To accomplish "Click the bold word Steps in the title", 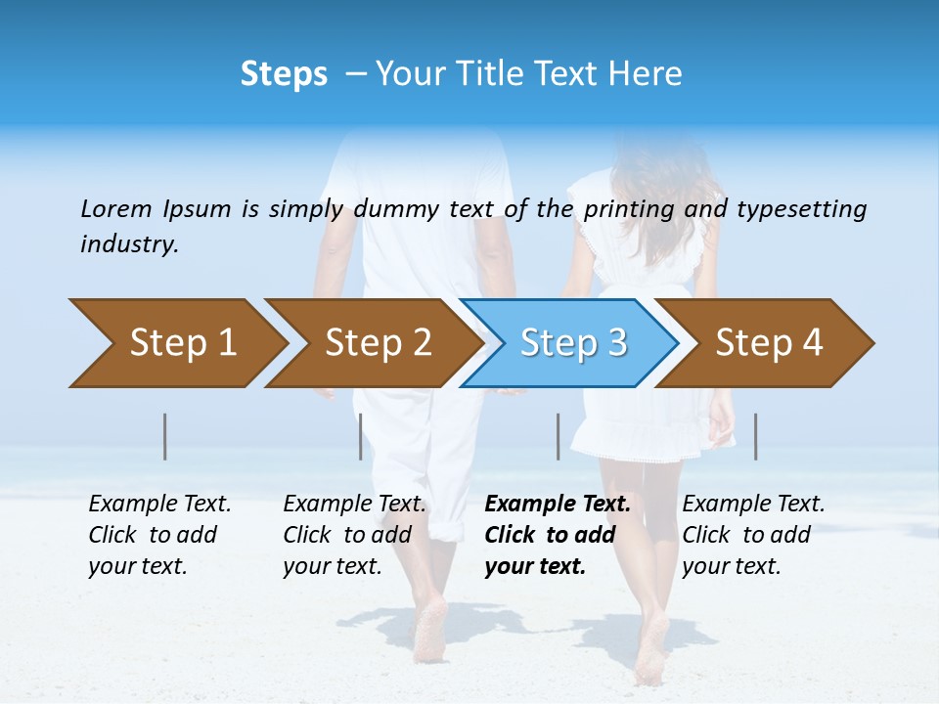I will tap(284, 74).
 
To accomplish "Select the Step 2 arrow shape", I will tap(378, 343).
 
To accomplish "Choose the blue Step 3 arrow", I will tap(572, 343).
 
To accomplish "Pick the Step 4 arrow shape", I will tap(769, 343).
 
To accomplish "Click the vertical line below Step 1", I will tap(165, 436).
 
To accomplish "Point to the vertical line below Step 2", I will tap(361, 436).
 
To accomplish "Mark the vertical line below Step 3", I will tap(558, 436).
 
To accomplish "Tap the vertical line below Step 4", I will tap(755, 436).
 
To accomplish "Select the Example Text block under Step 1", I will tap(159, 534).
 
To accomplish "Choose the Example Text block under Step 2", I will tap(354, 534).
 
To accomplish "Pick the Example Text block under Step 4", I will tap(753, 534).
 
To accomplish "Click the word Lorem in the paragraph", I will tap(116, 209).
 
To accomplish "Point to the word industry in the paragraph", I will tap(128, 244).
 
